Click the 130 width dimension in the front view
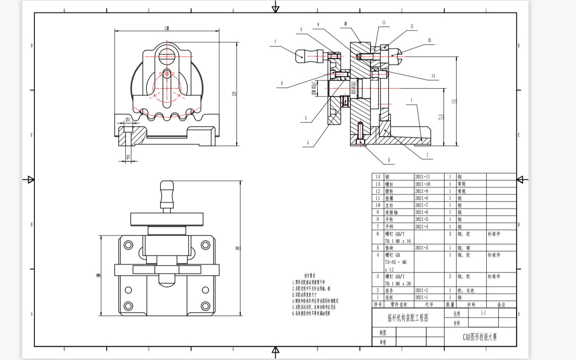click(x=167, y=28)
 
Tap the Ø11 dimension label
click(x=128, y=119)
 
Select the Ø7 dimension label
click(x=128, y=157)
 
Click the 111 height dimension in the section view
click(x=454, y=101)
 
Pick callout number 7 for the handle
click(x=275, y=42)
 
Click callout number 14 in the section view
click(x=433, y=76)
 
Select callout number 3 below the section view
click(x=389, y=160)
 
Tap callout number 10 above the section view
click(x=345, y=24)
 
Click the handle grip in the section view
click(x=309, y=55)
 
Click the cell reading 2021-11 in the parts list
click(x=423, y=176)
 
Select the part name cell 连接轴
click(x=392, y=212)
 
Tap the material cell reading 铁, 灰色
click(x=466, y=290)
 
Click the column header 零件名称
click(x=399, y=304)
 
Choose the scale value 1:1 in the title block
click(x=483, y=313)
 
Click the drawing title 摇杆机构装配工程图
click(x=408, y=318)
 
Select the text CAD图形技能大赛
click(x=480, y=337)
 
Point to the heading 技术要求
click(x=310, y=275)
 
